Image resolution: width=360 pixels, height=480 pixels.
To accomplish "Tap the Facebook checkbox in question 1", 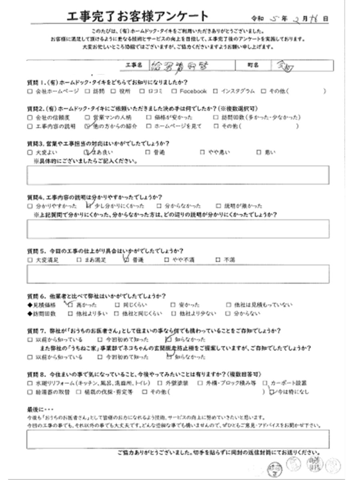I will click(174, 91).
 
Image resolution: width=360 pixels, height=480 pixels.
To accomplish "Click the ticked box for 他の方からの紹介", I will click(88, 126).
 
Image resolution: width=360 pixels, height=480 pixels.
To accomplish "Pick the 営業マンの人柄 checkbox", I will click(88, 118).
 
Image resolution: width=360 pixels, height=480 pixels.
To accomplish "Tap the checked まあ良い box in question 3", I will click(86, 152).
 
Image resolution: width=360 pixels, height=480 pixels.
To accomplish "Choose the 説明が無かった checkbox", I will click(218, 206).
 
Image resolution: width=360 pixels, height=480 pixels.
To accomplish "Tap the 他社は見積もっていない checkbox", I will click(229, 304).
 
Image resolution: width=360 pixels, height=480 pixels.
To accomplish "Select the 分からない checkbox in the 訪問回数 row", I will click(229, 314).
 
